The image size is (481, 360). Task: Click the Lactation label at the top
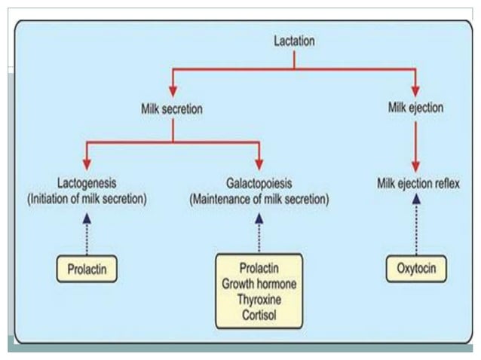pos(294,40)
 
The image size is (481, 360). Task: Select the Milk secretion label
pos(172,108)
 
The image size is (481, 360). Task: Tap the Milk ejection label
pos(415,108)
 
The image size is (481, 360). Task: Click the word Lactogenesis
pos(87,183)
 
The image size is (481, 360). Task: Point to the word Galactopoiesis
pos(259,183)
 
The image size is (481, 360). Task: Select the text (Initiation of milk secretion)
pos(87,200)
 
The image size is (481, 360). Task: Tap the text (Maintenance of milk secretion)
pos(259,200)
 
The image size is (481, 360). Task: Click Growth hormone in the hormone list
pos(259,283)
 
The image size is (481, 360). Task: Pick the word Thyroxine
pos(259,297)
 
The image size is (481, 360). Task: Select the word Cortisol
pos(259,312)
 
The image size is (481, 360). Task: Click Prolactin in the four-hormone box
pos(259,269)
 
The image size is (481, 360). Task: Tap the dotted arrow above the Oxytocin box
pos(415,226)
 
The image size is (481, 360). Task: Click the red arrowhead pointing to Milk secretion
pos(173,90)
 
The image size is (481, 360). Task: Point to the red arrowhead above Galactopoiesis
pos(259,163)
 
